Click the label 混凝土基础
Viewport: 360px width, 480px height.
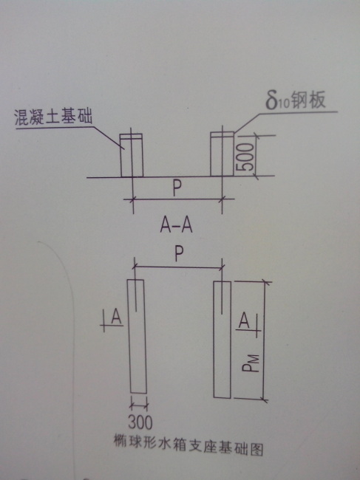click(x=53, y=117)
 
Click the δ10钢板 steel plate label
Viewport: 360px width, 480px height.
click(x=296, y=100)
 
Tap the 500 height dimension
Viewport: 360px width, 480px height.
click(x=247, y=157)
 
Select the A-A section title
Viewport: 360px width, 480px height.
click(x=176, y=226)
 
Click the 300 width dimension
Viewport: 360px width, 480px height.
click(x=140, y=422)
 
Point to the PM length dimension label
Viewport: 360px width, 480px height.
click(x=251, y=363)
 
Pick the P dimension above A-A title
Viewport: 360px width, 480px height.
click(x=176, y=188)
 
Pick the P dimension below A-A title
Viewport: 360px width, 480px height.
click(x=179, y=254)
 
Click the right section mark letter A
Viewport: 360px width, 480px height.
click(x=244, y=320)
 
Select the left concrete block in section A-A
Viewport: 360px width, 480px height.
click(x=132, y=155)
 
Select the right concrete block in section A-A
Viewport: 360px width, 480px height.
click(x=222, y=154)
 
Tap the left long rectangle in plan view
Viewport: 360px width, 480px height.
click(x=137, y=336)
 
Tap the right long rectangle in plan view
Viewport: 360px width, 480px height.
click(x=222, y=340)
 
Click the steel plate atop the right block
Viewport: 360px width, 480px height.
click(x=222, y=134)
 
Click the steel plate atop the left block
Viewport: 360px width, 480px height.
click(x=131, y=136)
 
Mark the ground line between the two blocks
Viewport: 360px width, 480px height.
click(x=177, y=176)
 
